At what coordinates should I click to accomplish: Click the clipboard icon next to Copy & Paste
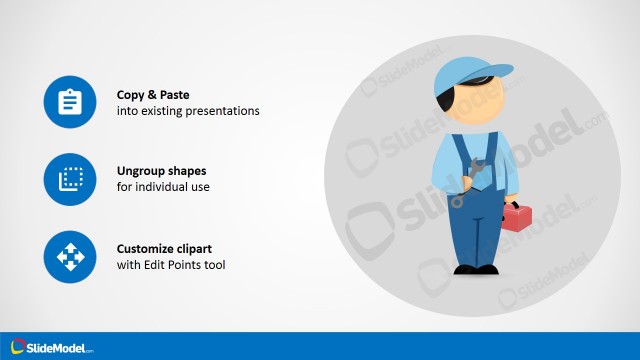(69, 102)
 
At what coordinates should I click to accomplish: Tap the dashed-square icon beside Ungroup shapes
(69, 179)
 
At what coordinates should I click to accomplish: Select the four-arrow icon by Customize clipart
(69, 256)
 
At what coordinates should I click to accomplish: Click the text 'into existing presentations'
(188, 111)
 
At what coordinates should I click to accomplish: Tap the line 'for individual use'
(163, 187)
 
